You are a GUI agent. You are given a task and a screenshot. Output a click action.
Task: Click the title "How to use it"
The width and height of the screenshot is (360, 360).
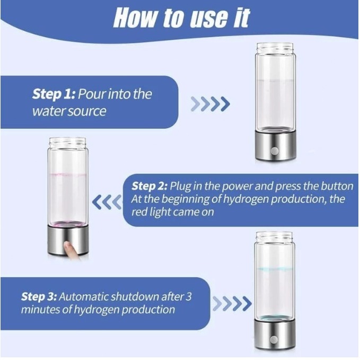(181, 18)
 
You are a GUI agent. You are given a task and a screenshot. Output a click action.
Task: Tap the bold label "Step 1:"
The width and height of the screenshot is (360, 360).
(54, 94)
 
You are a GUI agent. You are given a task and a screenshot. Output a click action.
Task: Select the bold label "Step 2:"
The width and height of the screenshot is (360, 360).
(150, 186)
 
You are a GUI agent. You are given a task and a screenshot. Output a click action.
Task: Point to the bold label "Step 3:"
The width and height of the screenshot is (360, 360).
(39, 296)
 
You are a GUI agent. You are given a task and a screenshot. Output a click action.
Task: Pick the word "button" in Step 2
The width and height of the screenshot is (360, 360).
(337, 186)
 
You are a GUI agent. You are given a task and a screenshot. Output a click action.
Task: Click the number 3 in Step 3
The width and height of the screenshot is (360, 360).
(188, 296)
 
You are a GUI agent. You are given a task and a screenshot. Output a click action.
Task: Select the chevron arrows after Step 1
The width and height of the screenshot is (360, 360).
(210, 104)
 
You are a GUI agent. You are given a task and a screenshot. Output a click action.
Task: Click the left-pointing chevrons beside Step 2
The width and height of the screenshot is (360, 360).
(107, 202)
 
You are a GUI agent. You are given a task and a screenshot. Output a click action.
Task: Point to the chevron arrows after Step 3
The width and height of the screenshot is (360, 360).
(232, 304)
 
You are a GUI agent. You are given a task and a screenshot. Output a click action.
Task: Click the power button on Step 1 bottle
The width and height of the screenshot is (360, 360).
(275, 151)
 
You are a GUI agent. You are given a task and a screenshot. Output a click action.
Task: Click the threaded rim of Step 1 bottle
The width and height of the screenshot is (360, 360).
(275, 48)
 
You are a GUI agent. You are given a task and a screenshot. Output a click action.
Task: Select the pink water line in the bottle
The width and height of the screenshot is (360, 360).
(68, 175)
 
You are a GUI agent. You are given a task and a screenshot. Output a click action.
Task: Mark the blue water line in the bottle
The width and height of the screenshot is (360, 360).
(274, 269)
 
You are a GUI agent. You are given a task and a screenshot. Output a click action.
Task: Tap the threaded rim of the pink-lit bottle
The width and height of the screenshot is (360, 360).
(67, 142)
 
